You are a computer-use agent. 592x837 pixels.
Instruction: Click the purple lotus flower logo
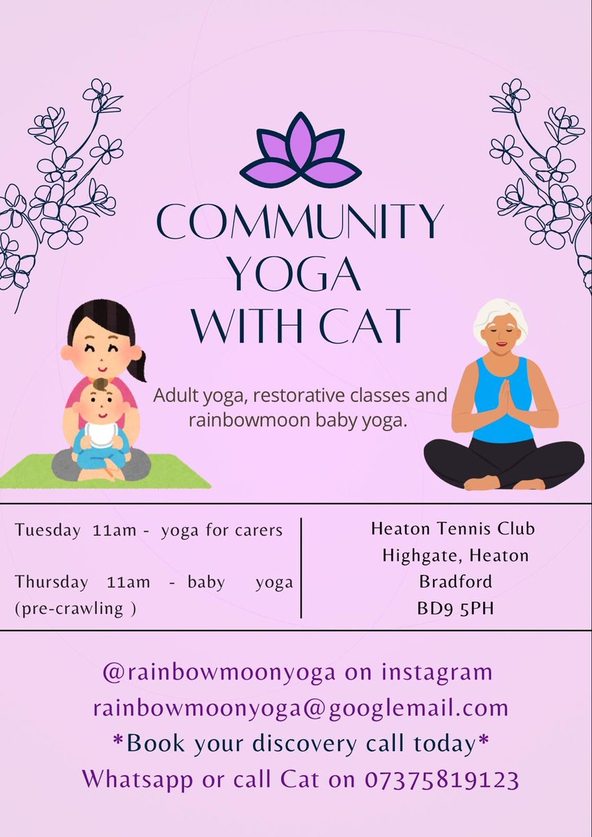pyautogui.click(x=301, y=152)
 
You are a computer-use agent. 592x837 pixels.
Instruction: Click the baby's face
pyautogui.click(x=100, y=404)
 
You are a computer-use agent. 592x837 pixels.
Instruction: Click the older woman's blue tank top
pyautogui.click(x=503, y=418)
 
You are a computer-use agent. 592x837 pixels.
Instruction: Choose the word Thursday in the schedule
pyautogui.click(x=52, y=582)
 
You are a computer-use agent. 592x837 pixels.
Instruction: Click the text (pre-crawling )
pyautogui.click(x=75, y=607)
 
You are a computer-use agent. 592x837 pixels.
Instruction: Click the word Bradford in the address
pyautogui.click(x=455, y=581)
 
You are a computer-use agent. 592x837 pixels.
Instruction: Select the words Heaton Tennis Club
pyautogui.click(x=453, y=529)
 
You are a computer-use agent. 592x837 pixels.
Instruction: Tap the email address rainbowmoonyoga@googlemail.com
pyautogui.click(x=301, y=708)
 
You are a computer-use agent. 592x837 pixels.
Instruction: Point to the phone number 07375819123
pyautogui.click(x=441, y=779)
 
